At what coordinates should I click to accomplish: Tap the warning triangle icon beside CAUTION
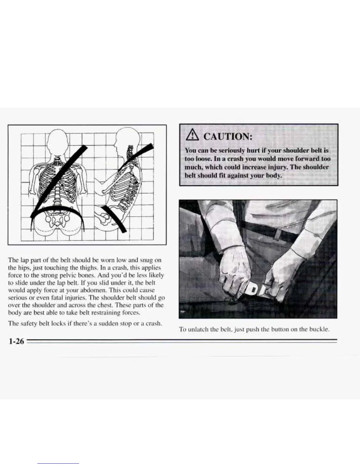tap(191, 136)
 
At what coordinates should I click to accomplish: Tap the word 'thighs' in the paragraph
tap(66, 268)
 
